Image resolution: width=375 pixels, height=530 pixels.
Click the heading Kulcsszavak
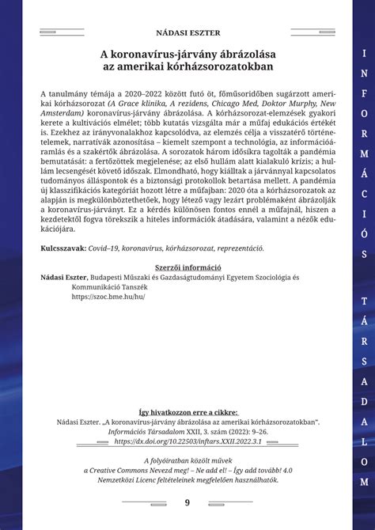(64, 248)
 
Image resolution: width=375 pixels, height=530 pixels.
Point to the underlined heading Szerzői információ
(187, 268)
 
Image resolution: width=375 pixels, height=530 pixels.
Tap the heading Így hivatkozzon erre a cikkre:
(187, 411)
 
